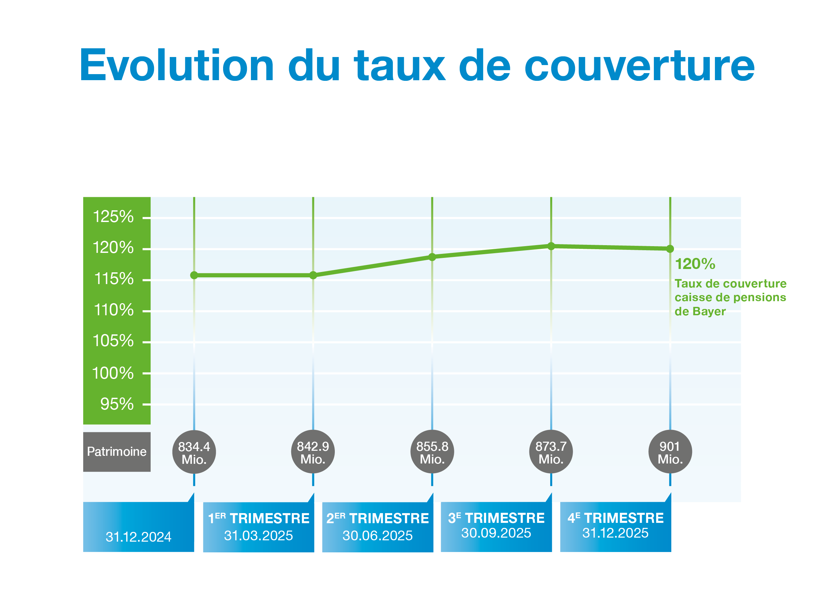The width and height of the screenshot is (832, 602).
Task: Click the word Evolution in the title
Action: [177, 65]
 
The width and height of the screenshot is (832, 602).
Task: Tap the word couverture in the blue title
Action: [639, 66]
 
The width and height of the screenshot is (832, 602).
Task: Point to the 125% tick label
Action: [113, 217]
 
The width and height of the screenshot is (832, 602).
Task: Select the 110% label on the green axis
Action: [114, 310]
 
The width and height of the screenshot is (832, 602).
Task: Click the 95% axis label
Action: [117, 404]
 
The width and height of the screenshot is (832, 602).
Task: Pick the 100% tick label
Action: [113, 373]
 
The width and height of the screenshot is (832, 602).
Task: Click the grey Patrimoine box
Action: [117, 452]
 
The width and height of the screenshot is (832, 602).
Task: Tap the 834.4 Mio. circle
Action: [194, 452]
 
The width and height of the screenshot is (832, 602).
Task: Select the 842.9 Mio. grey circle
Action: [313, 452]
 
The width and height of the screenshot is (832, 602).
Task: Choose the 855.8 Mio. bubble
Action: [432, 452]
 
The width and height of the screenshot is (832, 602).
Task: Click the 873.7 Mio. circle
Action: [551, 452]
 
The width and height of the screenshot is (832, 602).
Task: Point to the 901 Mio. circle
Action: [670, 452]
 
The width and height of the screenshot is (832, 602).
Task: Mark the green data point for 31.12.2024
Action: [194, 275]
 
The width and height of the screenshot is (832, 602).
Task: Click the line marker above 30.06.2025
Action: [432, 257]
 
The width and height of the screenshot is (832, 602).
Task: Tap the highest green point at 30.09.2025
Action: [551, 246]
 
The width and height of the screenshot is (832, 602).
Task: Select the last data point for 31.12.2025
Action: [670, 249]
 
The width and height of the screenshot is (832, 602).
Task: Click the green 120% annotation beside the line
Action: [695, 264]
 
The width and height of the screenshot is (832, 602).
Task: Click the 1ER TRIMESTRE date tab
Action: [259, 527]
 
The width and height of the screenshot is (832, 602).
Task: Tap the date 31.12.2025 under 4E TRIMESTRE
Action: [616, 533]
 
